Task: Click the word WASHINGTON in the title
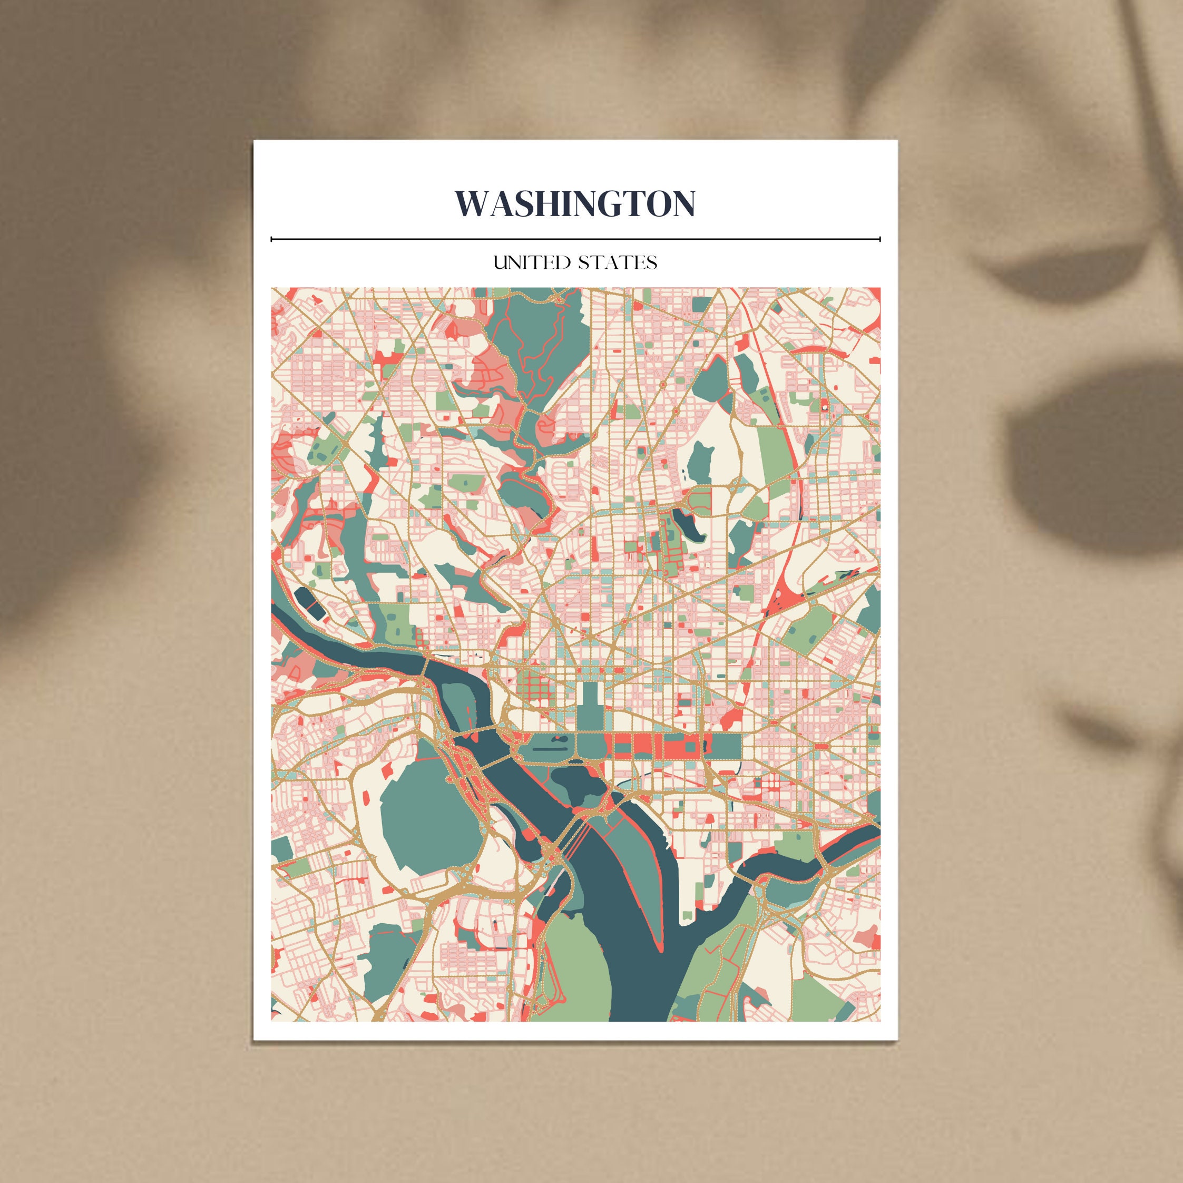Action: click(x=575, y=203)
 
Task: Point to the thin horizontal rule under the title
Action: click(x=575, y=239)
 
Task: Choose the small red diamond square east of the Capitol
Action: click(x=820, y=747)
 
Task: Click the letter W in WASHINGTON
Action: click(x=470, y=203)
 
